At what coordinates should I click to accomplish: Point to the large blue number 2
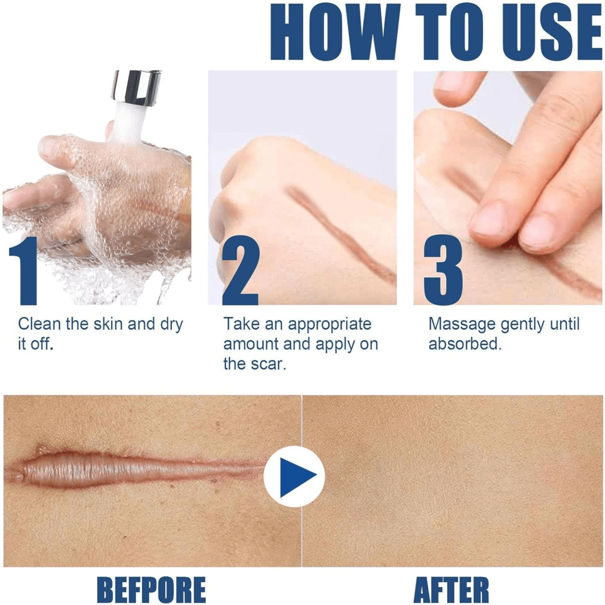[x=240, y=270]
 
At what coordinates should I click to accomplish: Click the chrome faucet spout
[x=136, y=88]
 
